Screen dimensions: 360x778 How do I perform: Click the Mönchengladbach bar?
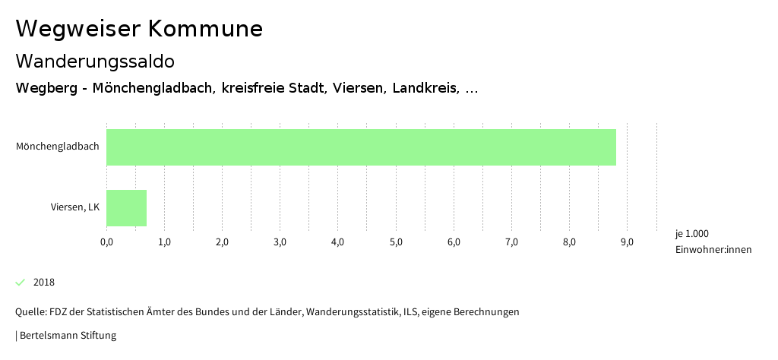(361, 147)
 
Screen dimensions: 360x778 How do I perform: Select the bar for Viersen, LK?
(126, 207)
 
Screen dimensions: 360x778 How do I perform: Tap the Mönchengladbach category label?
(58, 147)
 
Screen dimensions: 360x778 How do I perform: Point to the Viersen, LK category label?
(75, 207)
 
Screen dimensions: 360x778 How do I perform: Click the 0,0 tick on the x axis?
(106, 242)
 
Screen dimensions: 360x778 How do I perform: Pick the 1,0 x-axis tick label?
(164, 242)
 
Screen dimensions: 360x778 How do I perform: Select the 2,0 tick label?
(222, 242)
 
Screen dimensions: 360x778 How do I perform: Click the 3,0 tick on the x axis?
(280, 242)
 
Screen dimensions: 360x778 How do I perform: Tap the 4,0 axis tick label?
(338, 242)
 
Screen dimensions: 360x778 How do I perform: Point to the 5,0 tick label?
(396, 242)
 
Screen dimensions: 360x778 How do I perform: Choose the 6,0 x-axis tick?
(454, 242)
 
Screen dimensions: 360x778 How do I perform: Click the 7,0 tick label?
(511, 242)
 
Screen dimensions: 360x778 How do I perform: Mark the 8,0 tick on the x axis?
(569, 242)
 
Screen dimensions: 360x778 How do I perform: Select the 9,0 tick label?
(627, 242)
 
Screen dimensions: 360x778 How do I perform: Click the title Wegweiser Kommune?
(139, 29)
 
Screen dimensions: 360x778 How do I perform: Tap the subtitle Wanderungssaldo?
(95, 61)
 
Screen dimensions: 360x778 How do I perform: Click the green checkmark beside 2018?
(21, 283)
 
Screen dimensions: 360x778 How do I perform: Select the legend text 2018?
(44, 283)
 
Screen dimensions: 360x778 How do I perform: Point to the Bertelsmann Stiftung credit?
(66, 335)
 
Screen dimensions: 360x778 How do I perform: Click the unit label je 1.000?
(691, 233)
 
